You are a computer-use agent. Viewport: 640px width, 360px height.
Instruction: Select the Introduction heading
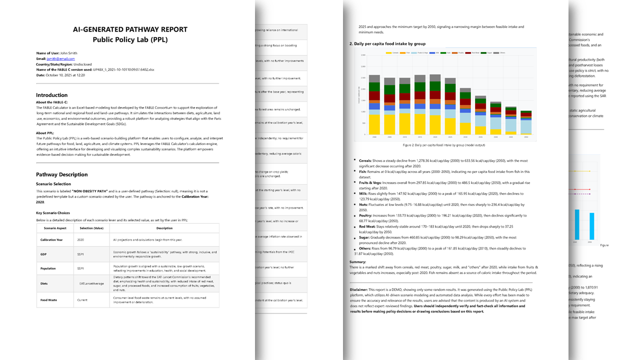[51, 95]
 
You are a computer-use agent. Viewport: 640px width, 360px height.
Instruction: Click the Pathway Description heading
[61, 174]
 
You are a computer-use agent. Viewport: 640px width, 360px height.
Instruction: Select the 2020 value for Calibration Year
[80, 240]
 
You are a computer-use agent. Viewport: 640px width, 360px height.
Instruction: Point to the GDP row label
[43, 254]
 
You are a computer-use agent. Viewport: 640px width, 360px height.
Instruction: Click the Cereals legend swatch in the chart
[389, 52]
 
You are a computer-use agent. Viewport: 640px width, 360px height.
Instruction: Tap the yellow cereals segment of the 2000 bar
[374, 125]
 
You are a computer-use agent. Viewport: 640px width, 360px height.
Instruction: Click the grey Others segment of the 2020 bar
[435, 78]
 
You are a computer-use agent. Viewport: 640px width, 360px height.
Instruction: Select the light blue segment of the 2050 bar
[526, 126]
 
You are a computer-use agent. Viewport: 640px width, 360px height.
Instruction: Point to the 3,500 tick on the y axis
[362, 55]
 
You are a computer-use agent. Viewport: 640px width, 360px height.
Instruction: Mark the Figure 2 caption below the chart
[442, 145]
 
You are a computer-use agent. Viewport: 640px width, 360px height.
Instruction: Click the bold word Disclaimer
[358, 289]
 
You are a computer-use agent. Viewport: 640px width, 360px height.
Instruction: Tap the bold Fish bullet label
[363, 171]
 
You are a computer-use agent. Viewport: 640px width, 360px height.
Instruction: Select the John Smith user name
[68, 53]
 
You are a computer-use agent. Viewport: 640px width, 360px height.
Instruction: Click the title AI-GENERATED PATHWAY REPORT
[130, 29]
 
